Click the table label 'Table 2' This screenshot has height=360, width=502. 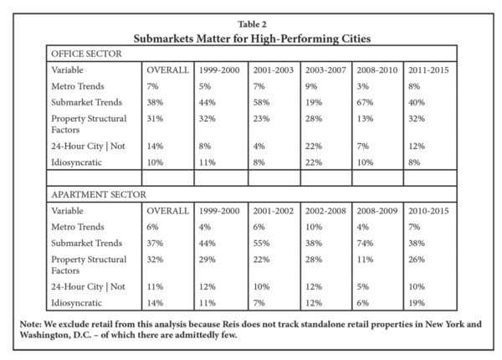pyautogui.click(x=252, y=24)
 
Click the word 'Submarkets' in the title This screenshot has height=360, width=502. pyautogui.click(x=163, y=39)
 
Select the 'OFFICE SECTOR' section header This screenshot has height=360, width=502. pyautogui.click(x=86, y=54)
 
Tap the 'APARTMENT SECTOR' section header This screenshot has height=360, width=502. pyautogui.click(x=99, y=194)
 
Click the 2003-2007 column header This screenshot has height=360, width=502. pyautogui.click(x=325, y=69)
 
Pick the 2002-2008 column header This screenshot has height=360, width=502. pyautogui.click(x=325, y=211)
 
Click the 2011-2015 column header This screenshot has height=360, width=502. pyautogui.click(x=428, y=69)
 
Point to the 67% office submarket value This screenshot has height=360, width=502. pyautogui.click(x=365, y=102)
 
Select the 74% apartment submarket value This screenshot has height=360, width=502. pyautogui.click(x=365, y=243)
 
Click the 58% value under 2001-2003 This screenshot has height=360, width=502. pyautogui.click(x=261, y=102)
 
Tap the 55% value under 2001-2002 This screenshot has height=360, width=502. pyautogui.click(x=261, y=243)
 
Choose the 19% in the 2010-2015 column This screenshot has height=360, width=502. pyautogui.click(x=417, y=303)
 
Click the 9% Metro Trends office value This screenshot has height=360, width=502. pyautogui.click(x=311, y=86)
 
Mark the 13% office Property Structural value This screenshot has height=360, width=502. pyautogui.click(x=365, y=119)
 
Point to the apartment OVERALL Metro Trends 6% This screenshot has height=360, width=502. pyautogui.click(x=152, y=227)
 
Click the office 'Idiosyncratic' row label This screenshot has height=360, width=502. pyautogui.click(x=76, y=162)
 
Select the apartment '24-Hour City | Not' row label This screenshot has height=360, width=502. pyautogui.click(x=88, y=286)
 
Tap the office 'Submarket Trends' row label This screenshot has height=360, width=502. pyautogui.click(x=87, y=102)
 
